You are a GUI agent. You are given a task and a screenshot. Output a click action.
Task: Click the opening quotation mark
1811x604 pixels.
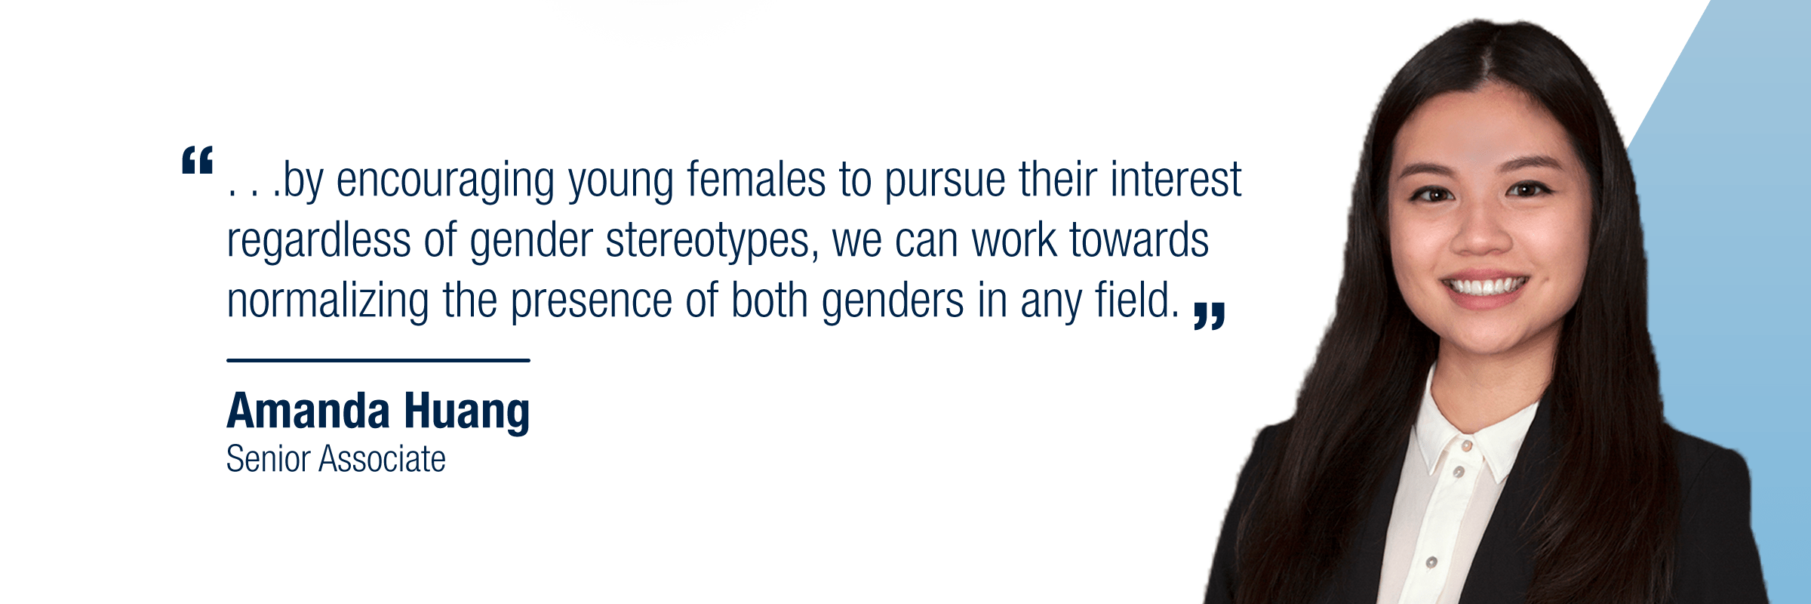tap(198, 160)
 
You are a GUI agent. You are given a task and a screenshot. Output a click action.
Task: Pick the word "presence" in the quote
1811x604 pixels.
tap(592, 302)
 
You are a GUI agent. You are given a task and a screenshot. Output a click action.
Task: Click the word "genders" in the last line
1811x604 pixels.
tap(893, 302)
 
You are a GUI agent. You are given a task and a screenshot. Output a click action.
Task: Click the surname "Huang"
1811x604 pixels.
tap(467, 413)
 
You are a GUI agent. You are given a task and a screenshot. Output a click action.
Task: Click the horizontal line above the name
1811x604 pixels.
tap(378, 360)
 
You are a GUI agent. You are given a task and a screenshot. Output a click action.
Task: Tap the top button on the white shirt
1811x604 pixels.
tap(1467, 446)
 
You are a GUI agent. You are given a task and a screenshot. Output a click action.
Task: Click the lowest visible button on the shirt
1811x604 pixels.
tap(1431, 562)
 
